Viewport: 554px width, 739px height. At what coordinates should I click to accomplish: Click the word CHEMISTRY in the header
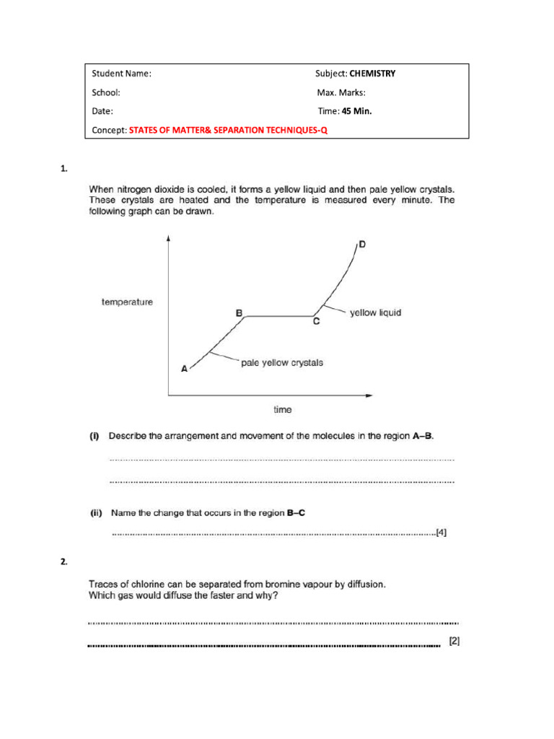point(372,74)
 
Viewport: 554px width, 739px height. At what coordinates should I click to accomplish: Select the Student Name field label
point(121,74)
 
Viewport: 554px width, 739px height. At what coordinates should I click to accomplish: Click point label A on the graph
point(184,368)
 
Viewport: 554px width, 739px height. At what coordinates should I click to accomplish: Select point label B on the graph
point(239,313)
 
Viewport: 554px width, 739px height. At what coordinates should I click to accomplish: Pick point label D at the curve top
point(362,245)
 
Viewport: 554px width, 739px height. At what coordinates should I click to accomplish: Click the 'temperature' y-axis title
point(127,302)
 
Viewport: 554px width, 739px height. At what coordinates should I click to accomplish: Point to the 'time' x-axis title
point(283,409)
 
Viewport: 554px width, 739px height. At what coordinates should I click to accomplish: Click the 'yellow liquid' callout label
point(375,313)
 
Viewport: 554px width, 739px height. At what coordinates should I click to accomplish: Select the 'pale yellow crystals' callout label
point(282,363)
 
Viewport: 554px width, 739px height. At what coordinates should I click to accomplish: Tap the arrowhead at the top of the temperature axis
point(168,238)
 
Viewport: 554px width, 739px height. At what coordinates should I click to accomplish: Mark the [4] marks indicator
point(441,533)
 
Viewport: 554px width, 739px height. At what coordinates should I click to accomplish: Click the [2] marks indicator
point(454,640)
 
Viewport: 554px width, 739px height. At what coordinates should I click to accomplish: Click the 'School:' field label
point(105,92)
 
